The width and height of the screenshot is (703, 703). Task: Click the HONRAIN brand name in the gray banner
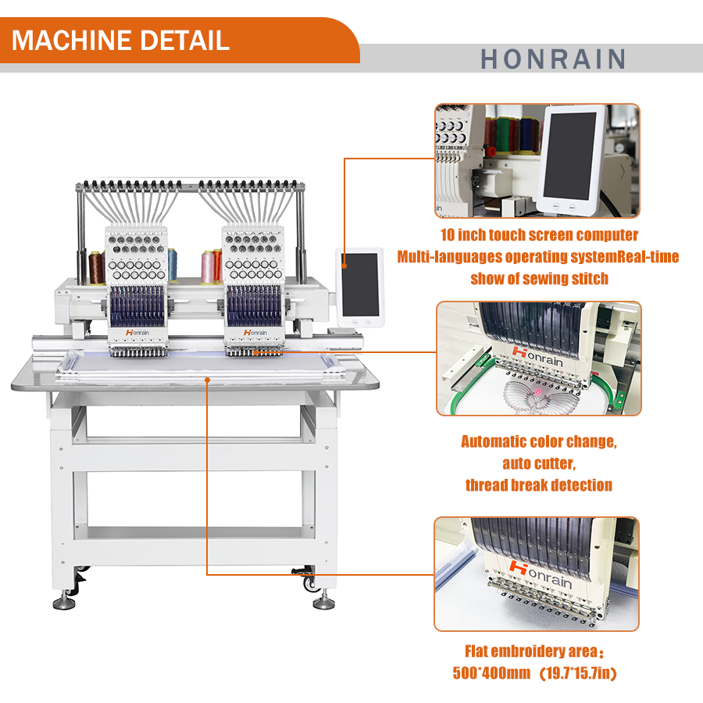[552, 59]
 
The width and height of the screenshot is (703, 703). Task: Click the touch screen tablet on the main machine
[359, 286]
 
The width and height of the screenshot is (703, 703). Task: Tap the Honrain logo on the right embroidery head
[255, 332]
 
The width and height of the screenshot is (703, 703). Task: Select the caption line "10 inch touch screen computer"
[539, 235]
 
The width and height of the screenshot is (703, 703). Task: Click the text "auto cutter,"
[539, 463]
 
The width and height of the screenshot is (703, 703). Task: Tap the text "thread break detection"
[539, 485]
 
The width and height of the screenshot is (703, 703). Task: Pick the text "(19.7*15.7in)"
[577, 673]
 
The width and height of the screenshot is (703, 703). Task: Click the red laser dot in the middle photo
[537, 390]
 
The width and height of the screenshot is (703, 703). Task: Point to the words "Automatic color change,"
[539, 441]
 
